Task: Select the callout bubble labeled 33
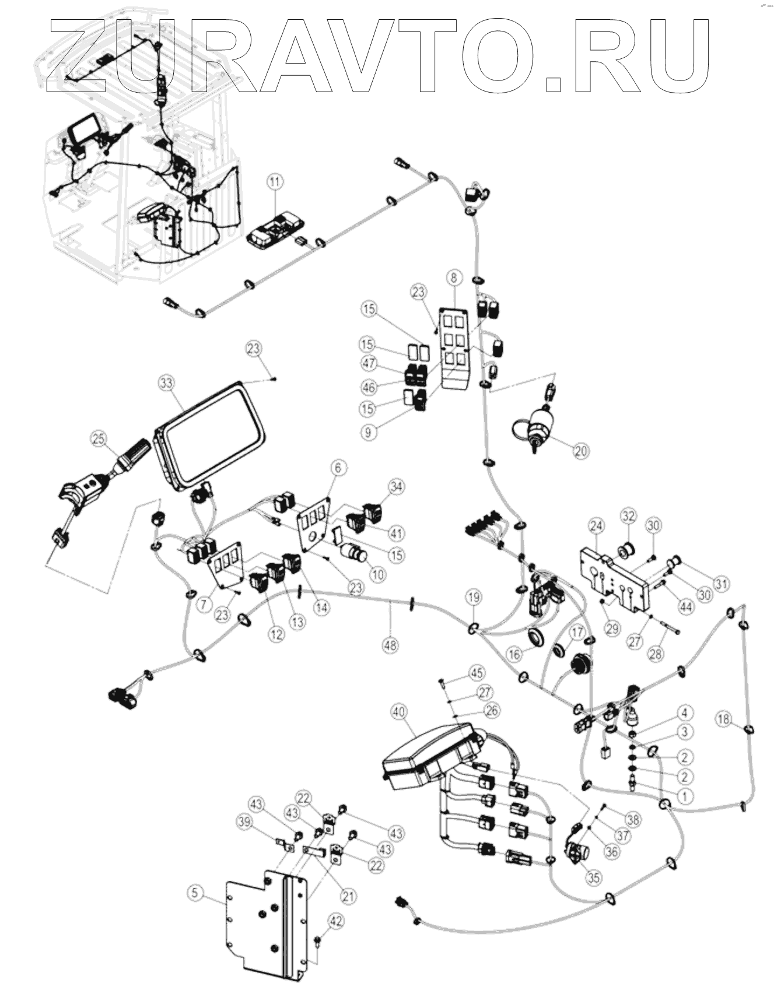click(167, 383)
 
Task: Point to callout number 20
click(581, 450)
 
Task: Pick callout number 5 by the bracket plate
click(195, 891)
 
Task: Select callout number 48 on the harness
click(391, 644)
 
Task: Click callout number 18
click(724, 719)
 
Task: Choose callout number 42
click(337, 921)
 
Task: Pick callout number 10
click(378, 574)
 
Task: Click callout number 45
click(477, 673)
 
